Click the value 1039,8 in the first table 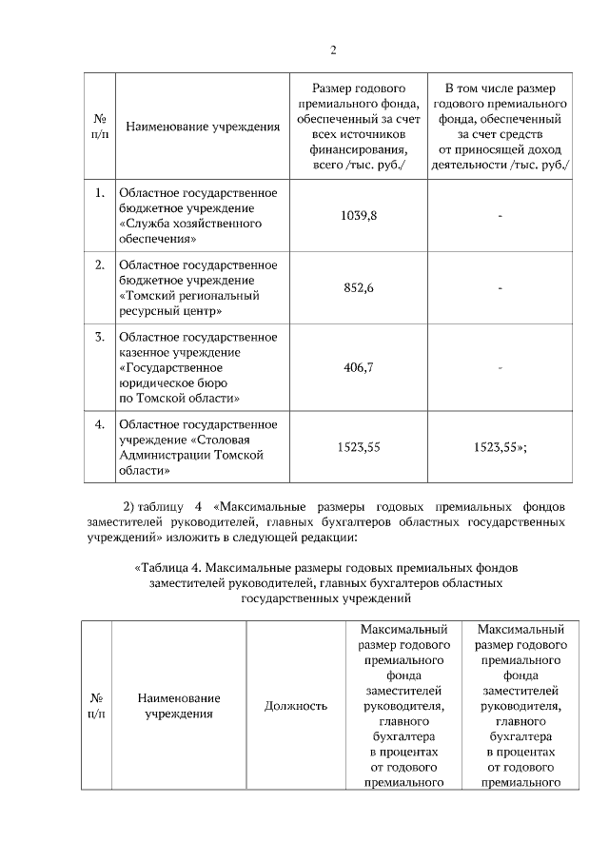(359, 216)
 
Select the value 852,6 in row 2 (359, 287)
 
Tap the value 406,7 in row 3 (359, 366)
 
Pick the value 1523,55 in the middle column (359, 446)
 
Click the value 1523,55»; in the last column (501, 446)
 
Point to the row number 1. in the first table (99, 193)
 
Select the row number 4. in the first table (99, 424)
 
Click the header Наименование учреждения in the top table (203, 126)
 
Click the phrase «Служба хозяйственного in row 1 (189, 224)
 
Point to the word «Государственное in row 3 (170, 367)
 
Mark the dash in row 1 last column (500, 216)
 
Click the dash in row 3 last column (500, 366)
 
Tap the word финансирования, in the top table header (359, 149)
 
